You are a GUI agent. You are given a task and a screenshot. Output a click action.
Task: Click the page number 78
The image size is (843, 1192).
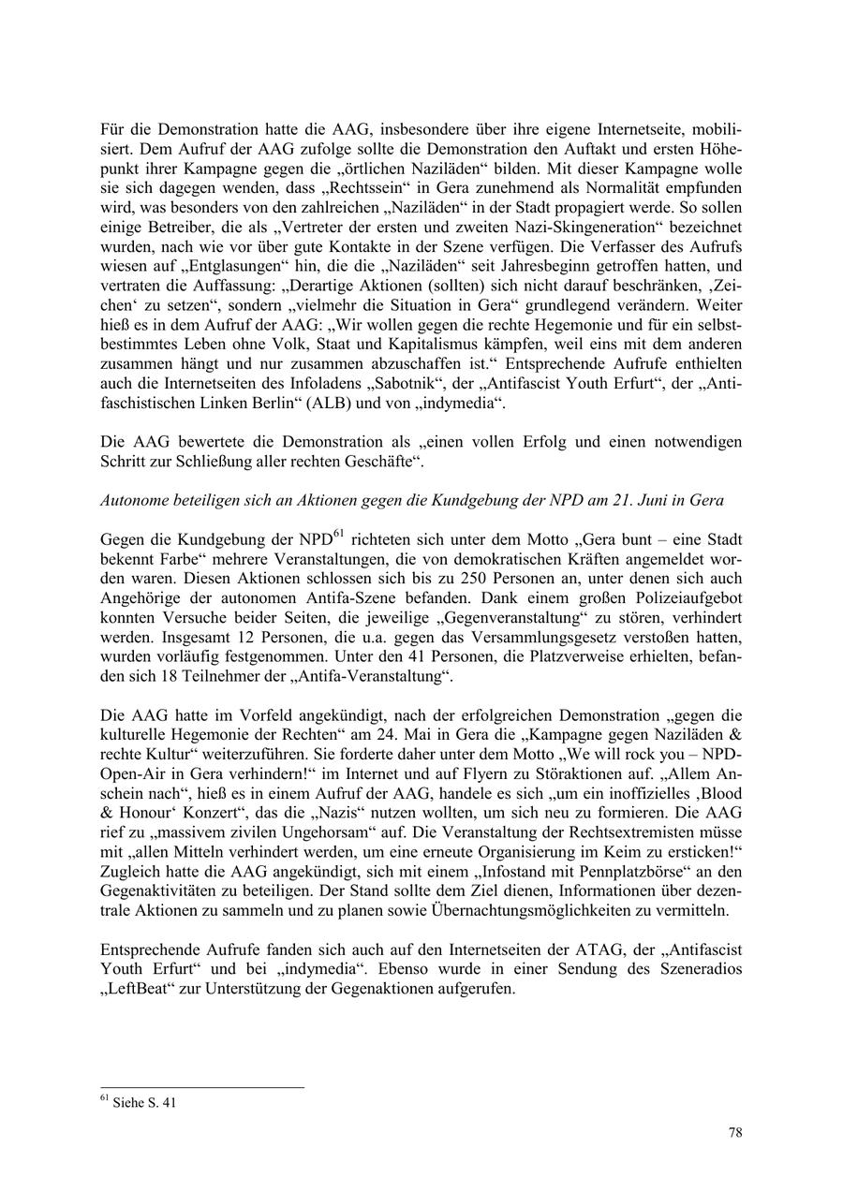point(735,1133)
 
